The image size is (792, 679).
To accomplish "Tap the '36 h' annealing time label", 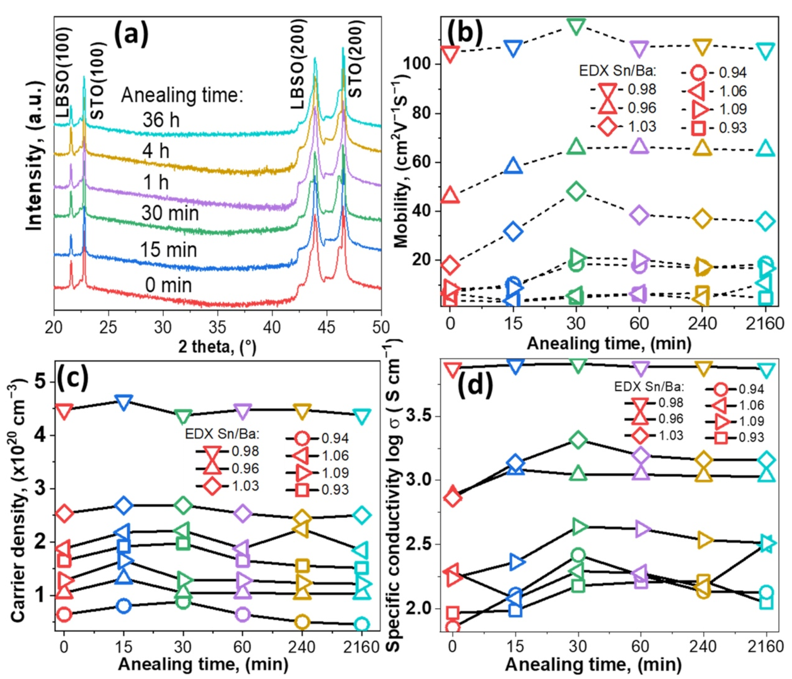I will pyautogui.click(x=161, y=120).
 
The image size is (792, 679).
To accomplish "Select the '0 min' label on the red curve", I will pyautogui.click(x=168, y=285).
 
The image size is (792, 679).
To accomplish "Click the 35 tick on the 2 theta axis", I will pyautogui.click(x=218, y=327).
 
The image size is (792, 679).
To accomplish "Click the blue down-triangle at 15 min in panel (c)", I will pyautogui.click(x=123, y=402).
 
